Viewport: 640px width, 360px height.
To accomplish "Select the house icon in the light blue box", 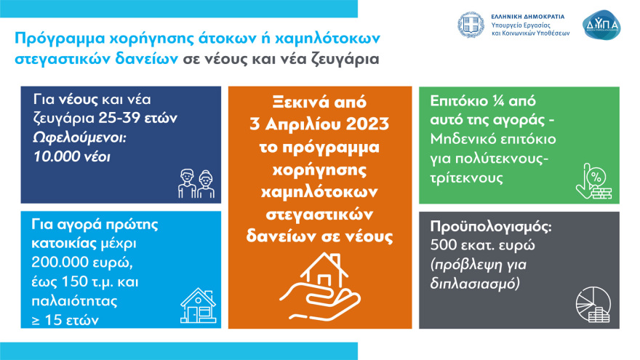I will (x=197, y=305).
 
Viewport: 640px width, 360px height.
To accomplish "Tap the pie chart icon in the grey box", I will (x=593, y=305).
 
